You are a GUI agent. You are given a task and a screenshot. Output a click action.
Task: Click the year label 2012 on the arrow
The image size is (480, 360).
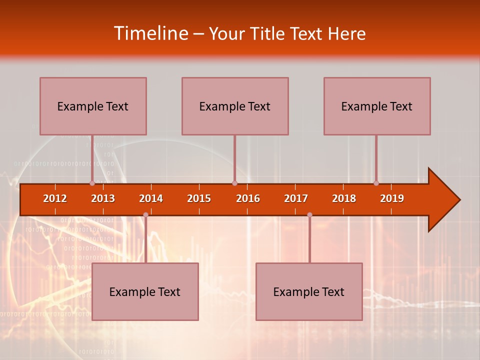pyautogui.click(x=55, y=198)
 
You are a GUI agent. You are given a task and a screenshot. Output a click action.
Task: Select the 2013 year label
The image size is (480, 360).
pyautogui.click(x=103, y=198)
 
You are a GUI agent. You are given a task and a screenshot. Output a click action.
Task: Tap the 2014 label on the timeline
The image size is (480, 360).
pyautogui.click(x=151, y=198)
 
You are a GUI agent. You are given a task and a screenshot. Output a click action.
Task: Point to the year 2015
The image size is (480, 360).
pyautogui.click(x=199, y=198)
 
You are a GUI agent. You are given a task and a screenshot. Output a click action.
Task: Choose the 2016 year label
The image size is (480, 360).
pyautogui.click(x=248, y=198)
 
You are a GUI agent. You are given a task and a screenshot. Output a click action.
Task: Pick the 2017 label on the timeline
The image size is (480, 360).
pyautogui.click(x=296, y=198)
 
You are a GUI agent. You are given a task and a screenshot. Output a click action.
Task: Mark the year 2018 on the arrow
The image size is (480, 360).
pyautogui.click(x=344, y=198)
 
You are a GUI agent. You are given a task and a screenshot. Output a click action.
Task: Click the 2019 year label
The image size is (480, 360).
pyautogui.click(x=392, y=198)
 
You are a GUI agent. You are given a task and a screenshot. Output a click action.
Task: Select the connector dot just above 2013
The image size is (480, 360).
pyautogui.click(x=92, y=183)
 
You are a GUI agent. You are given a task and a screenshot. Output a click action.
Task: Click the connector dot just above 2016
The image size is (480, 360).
pyautogui.click(x=234, y=183)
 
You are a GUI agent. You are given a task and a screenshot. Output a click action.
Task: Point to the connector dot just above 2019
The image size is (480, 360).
pyautogui.click(x=376, y=183)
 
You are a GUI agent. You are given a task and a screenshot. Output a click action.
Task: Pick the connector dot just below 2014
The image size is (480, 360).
pyautogui.click(x=145, y=214)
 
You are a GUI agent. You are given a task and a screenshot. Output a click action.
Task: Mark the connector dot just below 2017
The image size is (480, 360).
pyautogui.click(x=309, y=214)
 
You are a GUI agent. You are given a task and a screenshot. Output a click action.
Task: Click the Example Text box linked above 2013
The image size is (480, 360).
pyautogui.click(x=93, y=106)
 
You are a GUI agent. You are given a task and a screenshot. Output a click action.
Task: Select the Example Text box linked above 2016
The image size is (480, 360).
pyautogui.click(x=235, y=106)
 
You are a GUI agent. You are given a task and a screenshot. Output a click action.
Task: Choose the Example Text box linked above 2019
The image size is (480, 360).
pyautogui.click(x=377, y=106)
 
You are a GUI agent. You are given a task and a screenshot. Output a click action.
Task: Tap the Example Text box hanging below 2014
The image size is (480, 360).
pyautogui.click(x=145, y=291)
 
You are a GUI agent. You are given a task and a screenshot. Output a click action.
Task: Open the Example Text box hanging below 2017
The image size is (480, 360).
pyautogui.click(x=309, y=291)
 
